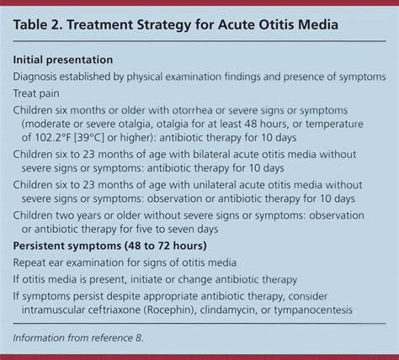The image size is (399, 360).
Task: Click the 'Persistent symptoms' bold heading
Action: (74, 246)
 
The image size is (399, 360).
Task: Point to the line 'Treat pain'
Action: (41, 95)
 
